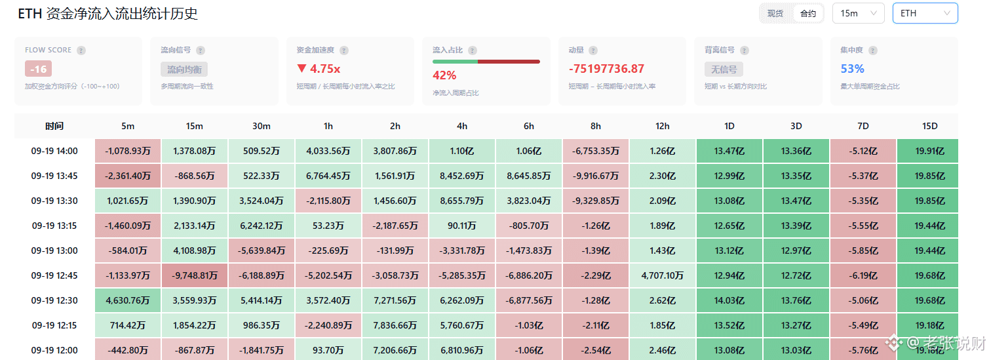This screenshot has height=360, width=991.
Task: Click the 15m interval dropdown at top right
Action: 858,13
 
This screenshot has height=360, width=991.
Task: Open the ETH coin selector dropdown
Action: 925,13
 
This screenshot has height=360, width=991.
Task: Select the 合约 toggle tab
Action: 808,14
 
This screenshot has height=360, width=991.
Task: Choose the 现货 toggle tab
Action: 775,14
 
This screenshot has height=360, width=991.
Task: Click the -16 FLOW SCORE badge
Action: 39,69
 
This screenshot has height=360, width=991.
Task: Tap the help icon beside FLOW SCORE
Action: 81,50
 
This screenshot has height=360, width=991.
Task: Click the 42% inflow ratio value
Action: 444,75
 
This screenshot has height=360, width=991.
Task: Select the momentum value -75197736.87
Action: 606,69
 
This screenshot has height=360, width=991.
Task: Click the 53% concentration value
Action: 852,69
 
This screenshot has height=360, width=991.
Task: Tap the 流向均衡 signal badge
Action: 184,70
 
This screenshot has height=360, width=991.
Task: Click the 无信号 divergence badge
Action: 724,70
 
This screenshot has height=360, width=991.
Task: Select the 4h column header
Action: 462,126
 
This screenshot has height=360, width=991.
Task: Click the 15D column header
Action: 929,126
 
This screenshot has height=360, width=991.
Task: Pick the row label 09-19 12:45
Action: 54,275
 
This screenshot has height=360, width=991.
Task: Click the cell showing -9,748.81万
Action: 195,275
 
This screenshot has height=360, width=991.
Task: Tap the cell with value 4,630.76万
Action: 127,300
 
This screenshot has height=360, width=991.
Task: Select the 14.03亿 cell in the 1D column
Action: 729,300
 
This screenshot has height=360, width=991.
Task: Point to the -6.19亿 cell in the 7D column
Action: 863,275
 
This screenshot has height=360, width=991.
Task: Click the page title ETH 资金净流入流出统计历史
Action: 107,14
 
